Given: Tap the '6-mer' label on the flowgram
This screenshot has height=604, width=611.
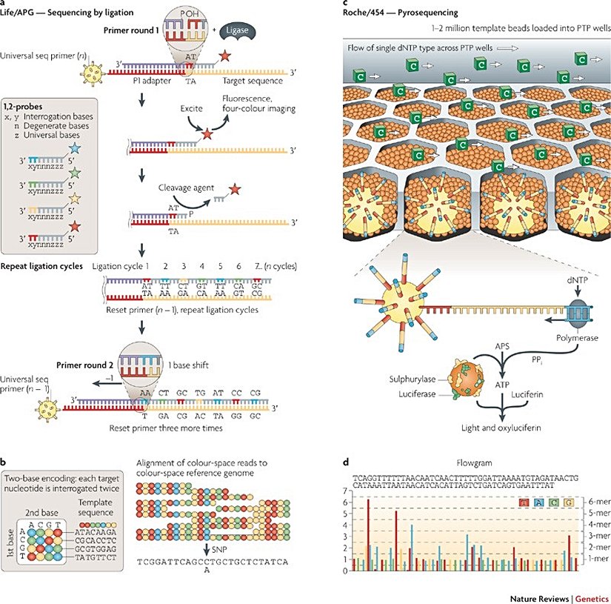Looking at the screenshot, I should (595, 501).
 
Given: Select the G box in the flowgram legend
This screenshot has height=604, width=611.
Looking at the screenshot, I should (570, 504).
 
